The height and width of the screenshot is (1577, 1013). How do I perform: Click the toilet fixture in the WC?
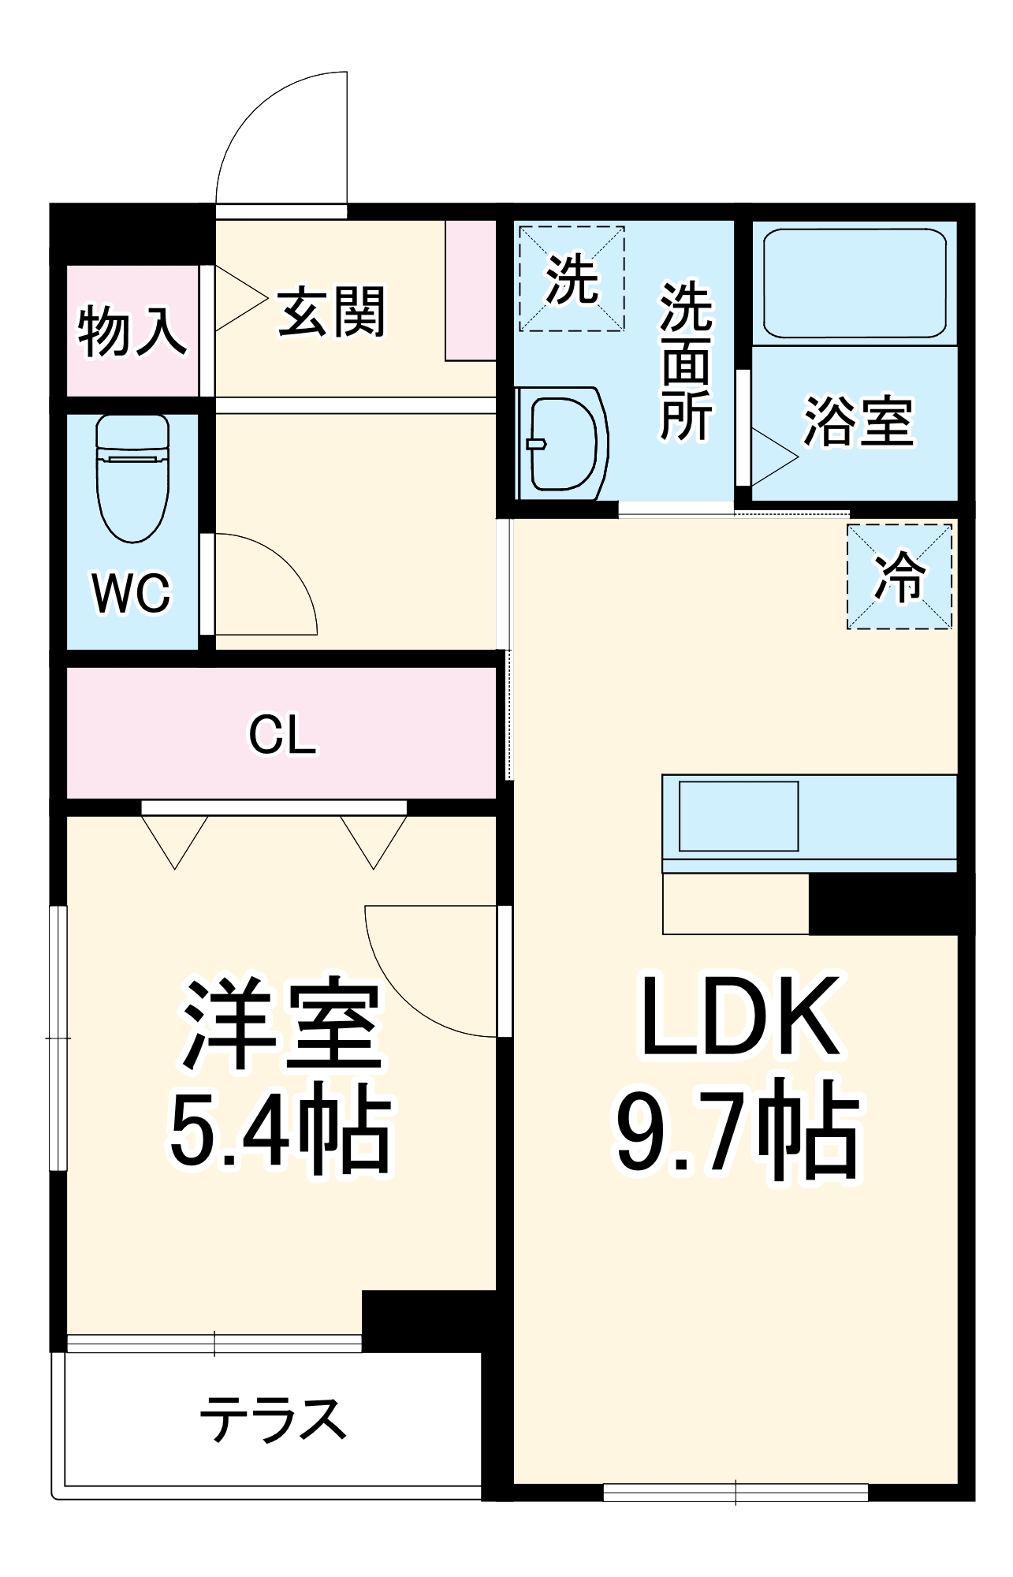[x=132, y=478]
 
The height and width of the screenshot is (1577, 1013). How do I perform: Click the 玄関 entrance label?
[x=332, y=312]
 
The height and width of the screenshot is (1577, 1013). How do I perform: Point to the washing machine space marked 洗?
[x=572, y=279]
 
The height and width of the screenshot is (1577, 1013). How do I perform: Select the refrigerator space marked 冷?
[x=899, y=577]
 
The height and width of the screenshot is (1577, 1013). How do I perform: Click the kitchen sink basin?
[x=739, y=816]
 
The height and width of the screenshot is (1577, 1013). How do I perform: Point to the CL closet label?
[x=282, y=735]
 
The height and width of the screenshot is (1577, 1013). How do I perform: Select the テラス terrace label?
[x=273, y=1420]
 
